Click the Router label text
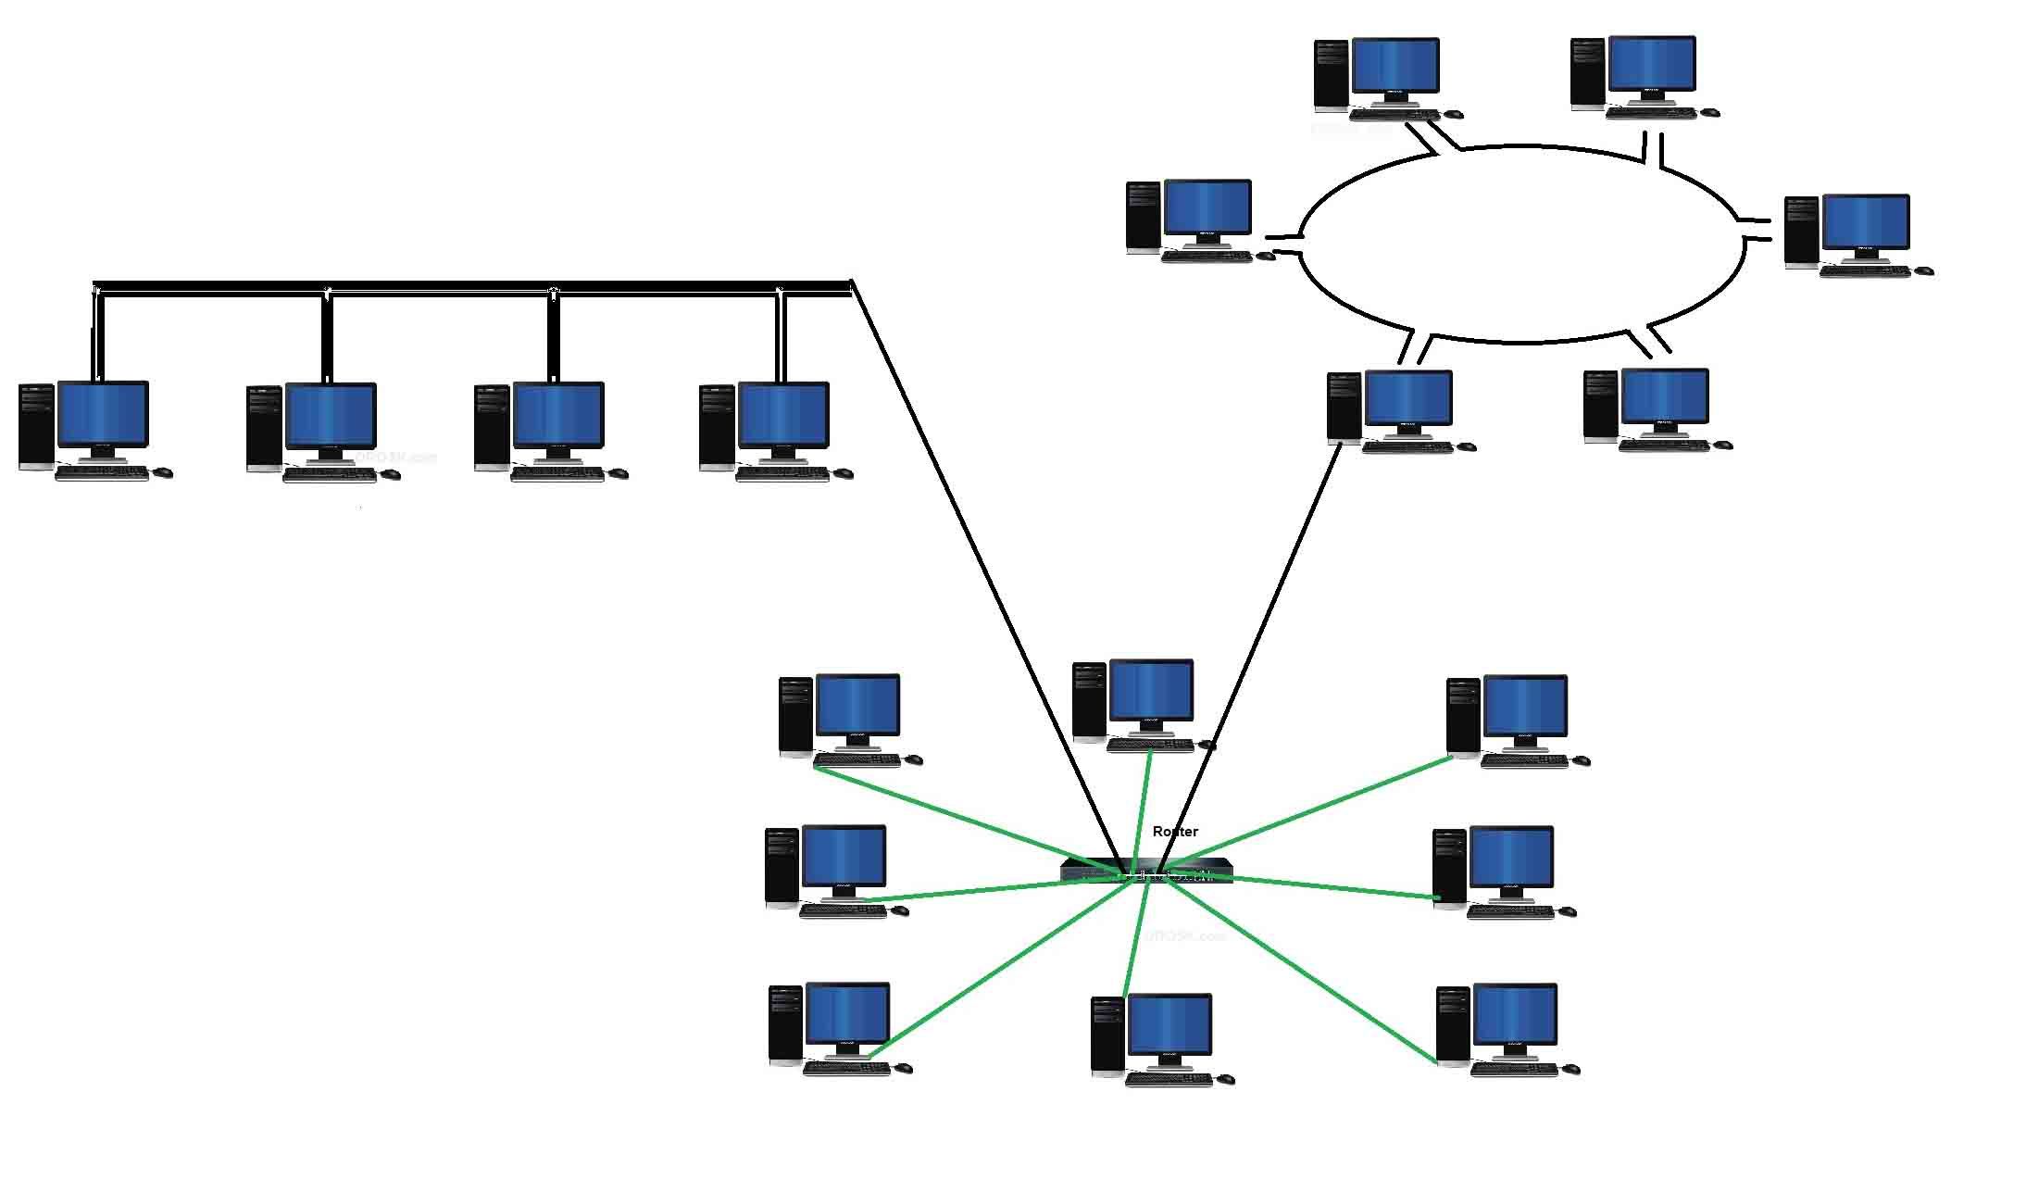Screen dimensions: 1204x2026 (1175, 832)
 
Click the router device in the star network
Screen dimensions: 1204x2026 (1146, 872)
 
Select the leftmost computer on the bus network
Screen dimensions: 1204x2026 (93, 429)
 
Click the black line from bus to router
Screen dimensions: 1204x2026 (982, 565)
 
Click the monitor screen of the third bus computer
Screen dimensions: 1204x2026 (558, 415)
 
